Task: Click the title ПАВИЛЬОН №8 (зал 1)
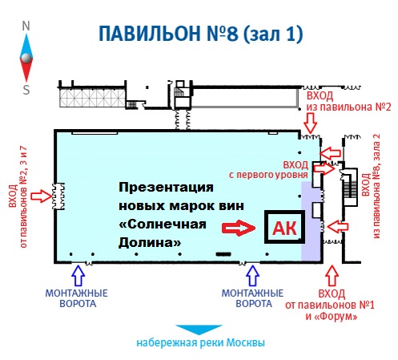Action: tap(201, 34)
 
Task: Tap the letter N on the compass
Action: tap(26, 26)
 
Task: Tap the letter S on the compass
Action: tap(26, 90)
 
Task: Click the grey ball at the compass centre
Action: tap(26, 58)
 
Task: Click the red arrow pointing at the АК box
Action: tap(239, 228)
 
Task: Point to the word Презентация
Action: tap(166, 188)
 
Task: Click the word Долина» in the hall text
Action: tap(150, 243)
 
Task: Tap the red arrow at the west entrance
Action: tap(42, 196)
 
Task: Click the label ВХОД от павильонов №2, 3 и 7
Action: tap(18, 196)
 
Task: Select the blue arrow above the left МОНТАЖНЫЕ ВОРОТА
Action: tap(78, 275)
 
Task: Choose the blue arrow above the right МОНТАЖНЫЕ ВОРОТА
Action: tap(252, 275)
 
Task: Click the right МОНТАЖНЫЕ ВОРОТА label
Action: tap(253, 298)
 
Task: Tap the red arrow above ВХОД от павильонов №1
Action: tap(332, 276)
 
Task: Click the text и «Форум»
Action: tap(332, 317)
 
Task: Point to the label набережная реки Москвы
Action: tap(201, 342)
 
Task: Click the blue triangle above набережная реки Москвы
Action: tap(199, 329)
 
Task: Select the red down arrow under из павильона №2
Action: tap(311, 123)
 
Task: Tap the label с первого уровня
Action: tap(268, 175)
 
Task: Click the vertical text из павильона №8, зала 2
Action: tap(376, 186)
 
